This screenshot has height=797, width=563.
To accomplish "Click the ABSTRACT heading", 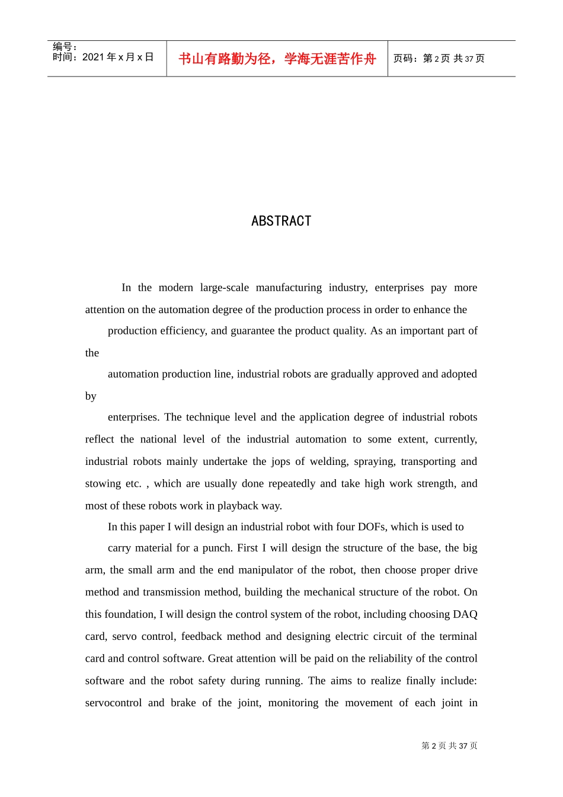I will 281,221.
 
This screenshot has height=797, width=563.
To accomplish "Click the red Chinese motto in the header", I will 277,59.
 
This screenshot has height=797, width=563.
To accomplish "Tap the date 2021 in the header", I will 93,57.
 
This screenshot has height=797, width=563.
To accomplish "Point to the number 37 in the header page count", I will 469,59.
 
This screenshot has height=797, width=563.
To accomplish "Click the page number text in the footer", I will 449,745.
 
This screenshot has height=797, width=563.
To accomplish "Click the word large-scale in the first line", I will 224,288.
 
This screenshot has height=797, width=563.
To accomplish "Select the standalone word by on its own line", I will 91,396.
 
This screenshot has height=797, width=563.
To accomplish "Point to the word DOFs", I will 371,527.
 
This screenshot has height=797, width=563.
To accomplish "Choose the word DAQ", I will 465,614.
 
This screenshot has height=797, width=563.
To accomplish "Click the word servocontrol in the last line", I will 113,703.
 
